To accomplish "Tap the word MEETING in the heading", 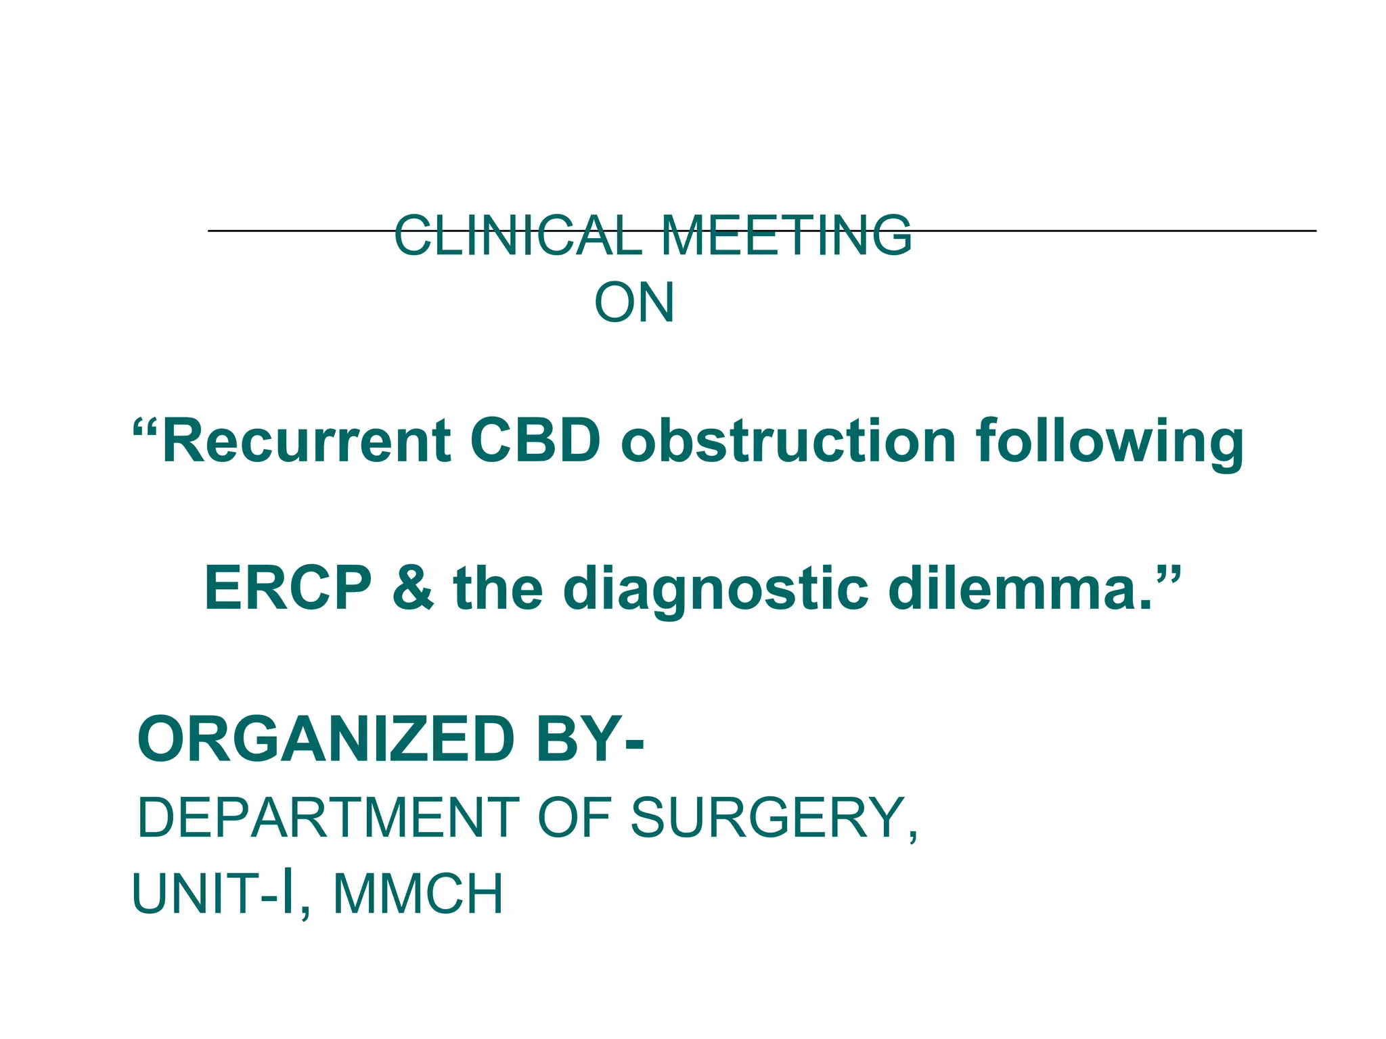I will click(x=786, y=235).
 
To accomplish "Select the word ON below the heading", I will click(x=634, y=302).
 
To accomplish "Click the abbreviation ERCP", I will click(x=288, y=588).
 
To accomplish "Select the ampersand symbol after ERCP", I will click(x=413, y=588).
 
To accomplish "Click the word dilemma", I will click(x=1021, y=588).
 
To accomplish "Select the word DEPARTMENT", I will click(x=328, y=818).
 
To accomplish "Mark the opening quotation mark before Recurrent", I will click(x=146, y=429).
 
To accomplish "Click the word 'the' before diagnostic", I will click(x=498, y=588).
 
